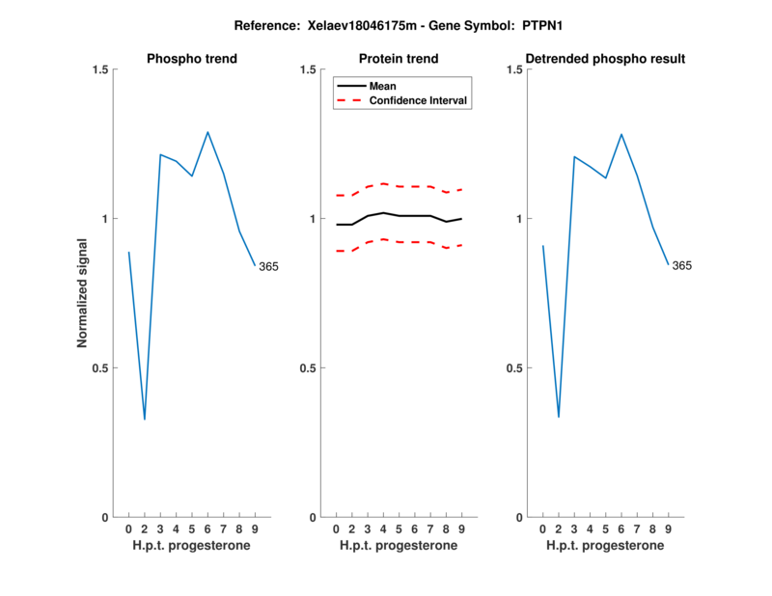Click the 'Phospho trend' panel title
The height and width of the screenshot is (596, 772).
pyautogui.click(x=192, y=59)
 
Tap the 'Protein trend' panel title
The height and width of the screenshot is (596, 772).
pyautogui.click(x=399, y=59)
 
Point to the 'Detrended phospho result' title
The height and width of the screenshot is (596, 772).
pyautogui.click(x=606, y=59)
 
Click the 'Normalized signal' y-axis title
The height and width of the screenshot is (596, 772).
pyautogui.click(x=83, y=293)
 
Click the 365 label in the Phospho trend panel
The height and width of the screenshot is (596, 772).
pyautogui.click(x=268, y=266)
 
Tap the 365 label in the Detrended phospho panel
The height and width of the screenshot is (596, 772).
pyautogui.click(x=681, y=265)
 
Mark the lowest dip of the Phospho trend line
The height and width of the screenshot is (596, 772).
pyautogui.click(x=145, y=420)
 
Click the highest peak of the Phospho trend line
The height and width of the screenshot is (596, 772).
pyautogui.click(x=207, y=132)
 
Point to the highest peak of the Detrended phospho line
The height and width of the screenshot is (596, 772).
pyautogui.click(x=621, y=134)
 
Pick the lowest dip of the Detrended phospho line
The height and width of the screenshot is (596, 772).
pyautogui.click(x=559, y=417)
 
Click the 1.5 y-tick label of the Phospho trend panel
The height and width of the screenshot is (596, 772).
pyautogui.click(x=97, y=69)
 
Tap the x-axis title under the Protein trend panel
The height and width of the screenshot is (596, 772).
pyautogui.click(x=399, y=546)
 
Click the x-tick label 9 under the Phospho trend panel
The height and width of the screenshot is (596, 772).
pyautogui.click(x=255, y=529)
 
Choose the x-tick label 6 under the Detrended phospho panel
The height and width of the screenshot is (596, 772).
pyautogui.click(x=621, y=529)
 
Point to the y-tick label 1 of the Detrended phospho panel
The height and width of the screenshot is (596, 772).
pyautogui.click(x=522, y=219)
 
